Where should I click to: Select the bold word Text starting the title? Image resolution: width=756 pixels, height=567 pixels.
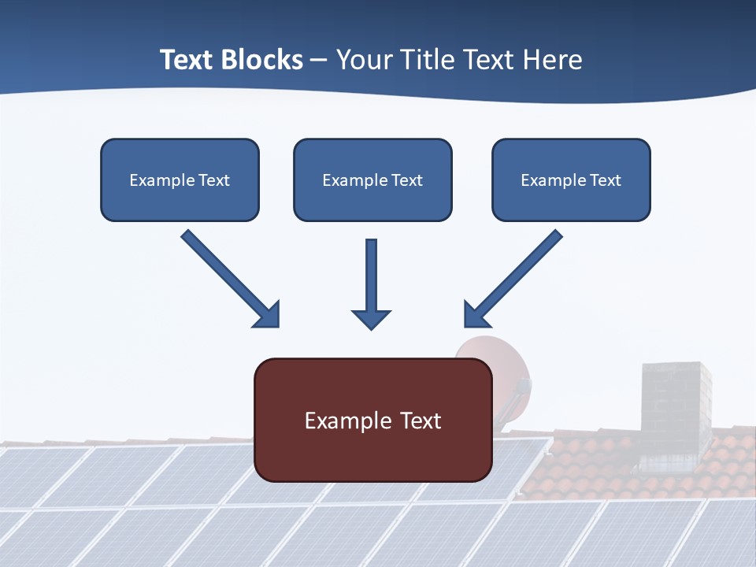pyautogui.click(x=187, y=60)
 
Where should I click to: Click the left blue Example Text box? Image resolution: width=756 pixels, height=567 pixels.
pyautogui.click(x=180, y=180)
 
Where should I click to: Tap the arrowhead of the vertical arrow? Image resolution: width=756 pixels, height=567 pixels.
pyautogui.click(x=371, y=319)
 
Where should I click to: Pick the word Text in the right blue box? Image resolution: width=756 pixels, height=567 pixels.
pyautogui.click(x=605, y=180)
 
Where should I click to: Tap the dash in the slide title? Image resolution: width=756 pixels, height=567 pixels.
pyautogui.click(x=319, y=61)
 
